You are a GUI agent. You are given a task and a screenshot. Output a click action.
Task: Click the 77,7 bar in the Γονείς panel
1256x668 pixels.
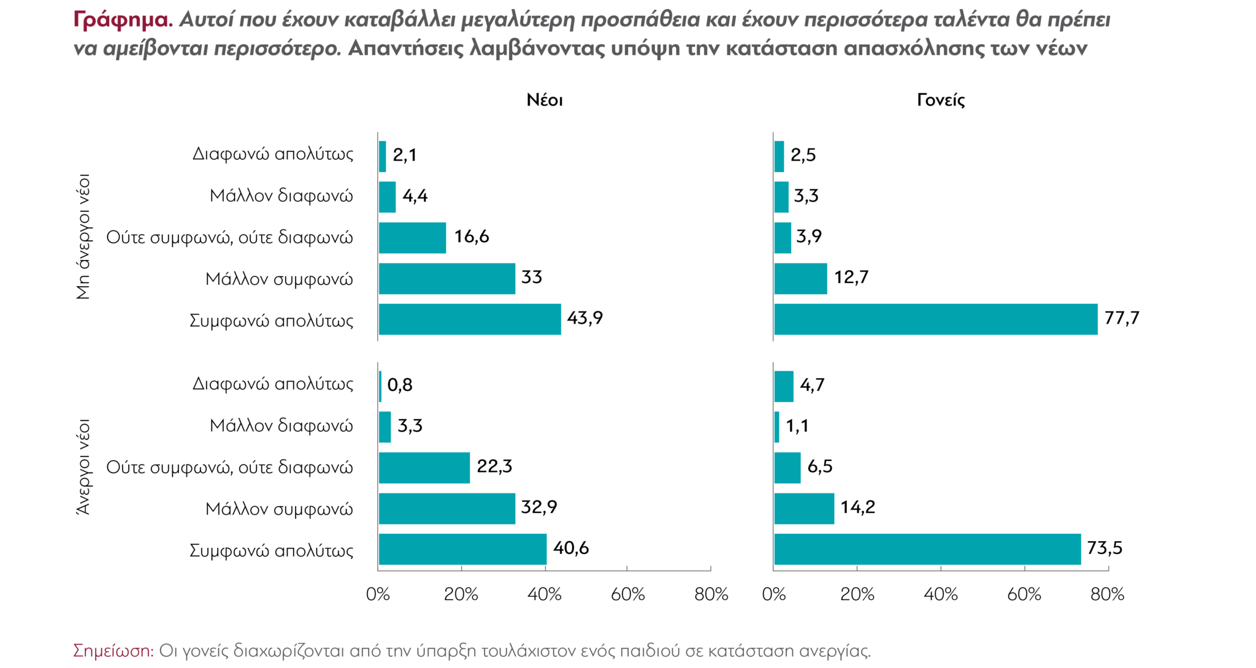[935, 319]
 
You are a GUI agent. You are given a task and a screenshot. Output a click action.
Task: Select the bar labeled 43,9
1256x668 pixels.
[470, 319]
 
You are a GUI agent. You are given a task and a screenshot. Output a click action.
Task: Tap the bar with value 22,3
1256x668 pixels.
[424, 468]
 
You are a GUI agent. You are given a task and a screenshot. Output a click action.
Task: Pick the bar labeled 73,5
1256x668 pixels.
[927, 549]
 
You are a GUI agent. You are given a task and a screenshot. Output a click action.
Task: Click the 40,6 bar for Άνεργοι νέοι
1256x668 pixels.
[462, 549]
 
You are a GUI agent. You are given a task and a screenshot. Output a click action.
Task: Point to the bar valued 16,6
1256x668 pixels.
[412, 238]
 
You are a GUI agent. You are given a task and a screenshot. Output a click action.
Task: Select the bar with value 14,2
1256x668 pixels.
[804, 509]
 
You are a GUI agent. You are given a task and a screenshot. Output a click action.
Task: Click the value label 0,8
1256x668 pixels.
[400, 385]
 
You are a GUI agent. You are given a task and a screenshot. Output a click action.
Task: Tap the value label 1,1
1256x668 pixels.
[797, 426]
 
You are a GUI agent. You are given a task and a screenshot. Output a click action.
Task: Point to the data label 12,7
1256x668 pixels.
[851, 278]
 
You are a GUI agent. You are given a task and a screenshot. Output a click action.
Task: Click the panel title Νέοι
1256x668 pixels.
[545, 101]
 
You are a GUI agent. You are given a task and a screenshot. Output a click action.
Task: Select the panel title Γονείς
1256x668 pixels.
[941, 101]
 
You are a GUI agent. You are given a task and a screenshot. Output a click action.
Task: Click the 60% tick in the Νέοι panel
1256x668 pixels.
[628, 594]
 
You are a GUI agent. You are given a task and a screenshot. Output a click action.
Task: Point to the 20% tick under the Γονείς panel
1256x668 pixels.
[857, 594]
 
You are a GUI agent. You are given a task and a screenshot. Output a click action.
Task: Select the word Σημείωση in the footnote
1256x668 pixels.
[113, 651]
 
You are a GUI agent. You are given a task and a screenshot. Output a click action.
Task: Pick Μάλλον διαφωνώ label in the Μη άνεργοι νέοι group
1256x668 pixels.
[281, 196]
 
